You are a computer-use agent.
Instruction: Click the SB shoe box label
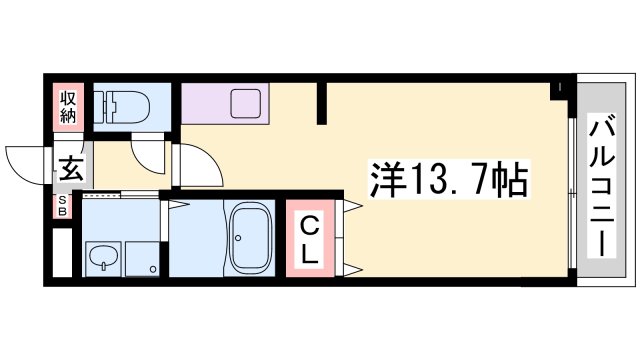tap(61, 208)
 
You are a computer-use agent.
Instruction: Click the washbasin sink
tap(104, 262)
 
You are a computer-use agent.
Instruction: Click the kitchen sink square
tap(245, 102)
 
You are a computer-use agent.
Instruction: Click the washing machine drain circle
tap(152, 269)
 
